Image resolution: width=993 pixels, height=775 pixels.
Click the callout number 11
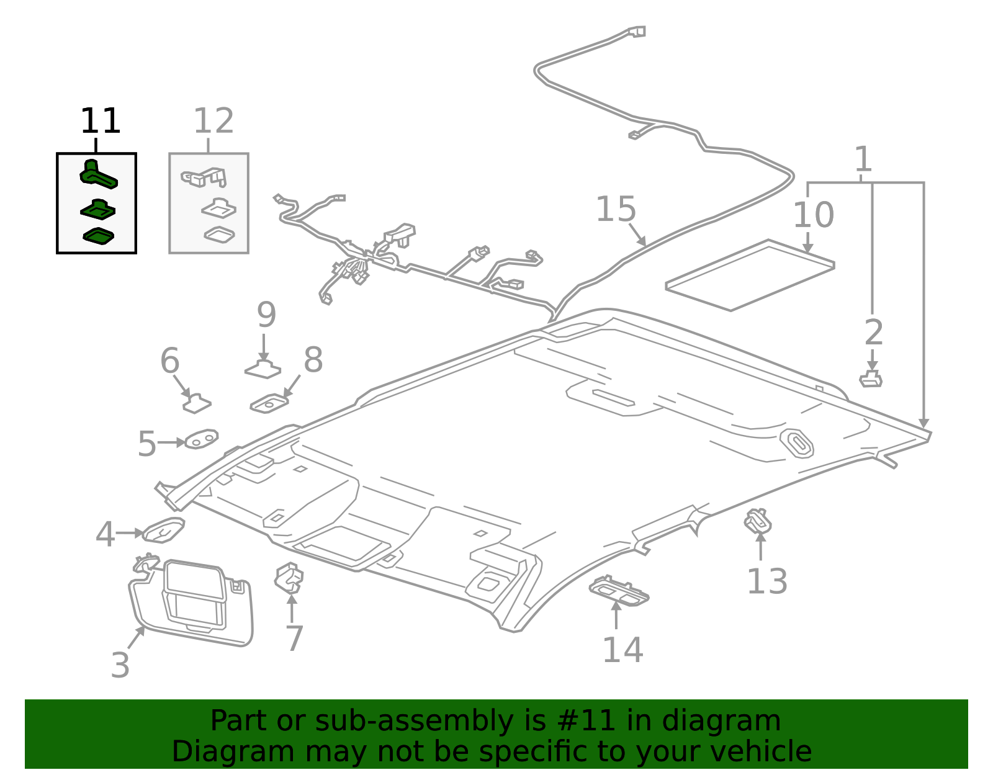point(100,121)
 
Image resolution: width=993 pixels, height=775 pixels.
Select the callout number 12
point(213,121)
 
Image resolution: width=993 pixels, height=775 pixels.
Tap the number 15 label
point(616,210)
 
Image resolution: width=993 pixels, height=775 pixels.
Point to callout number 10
point(813,215)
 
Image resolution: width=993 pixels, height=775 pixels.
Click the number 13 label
point(767,582)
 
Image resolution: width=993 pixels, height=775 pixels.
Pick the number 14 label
point(622,650)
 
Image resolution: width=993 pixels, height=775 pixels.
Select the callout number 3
point(120,665)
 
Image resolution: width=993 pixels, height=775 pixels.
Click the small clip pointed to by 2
point(871,379)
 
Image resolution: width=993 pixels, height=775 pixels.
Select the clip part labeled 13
point(758,521)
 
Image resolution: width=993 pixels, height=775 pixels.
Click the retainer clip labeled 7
point(289,578)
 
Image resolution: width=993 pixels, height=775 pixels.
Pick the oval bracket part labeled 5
point(201,439)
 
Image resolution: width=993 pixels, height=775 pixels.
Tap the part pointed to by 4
point(163,530)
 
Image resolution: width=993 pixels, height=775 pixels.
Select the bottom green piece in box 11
point(99,236)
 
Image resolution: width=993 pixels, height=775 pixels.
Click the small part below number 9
point(263,369)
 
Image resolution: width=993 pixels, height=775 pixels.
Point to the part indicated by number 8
point(269,403)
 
